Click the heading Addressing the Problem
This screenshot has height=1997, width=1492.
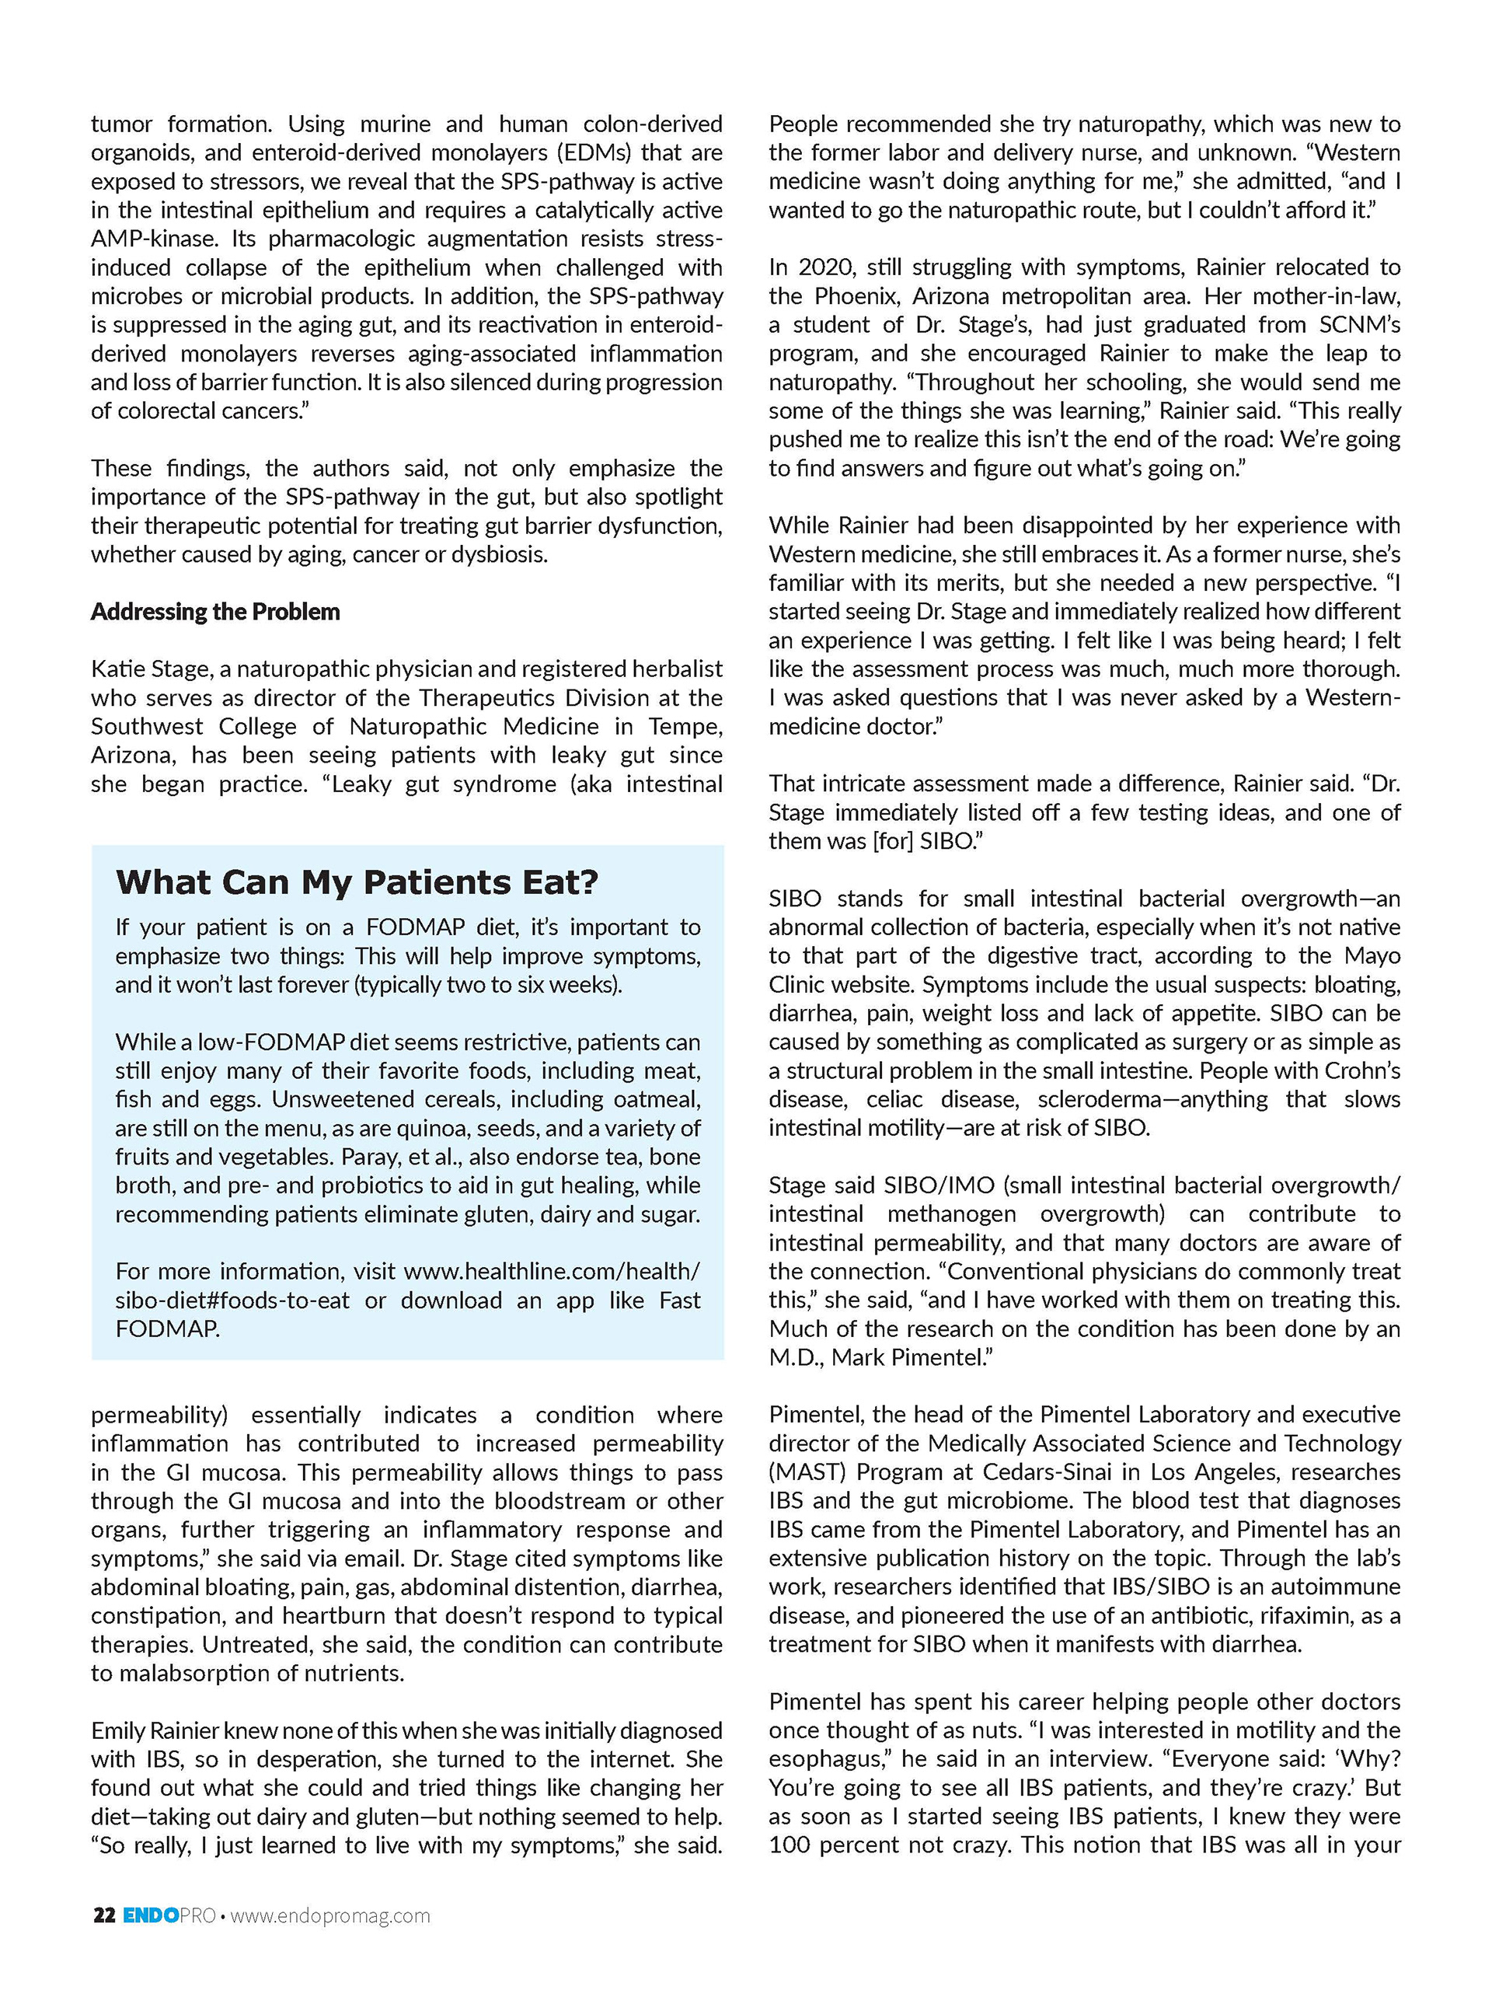coord(214,612)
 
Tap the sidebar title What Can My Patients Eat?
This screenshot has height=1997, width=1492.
coord(357,882)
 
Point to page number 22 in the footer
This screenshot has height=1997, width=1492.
coord(104,1915)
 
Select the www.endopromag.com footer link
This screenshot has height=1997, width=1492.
coord(330,1915)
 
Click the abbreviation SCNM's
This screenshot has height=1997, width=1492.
coord(1359,325)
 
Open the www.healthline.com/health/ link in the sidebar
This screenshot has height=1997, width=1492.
coord(551,1272)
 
